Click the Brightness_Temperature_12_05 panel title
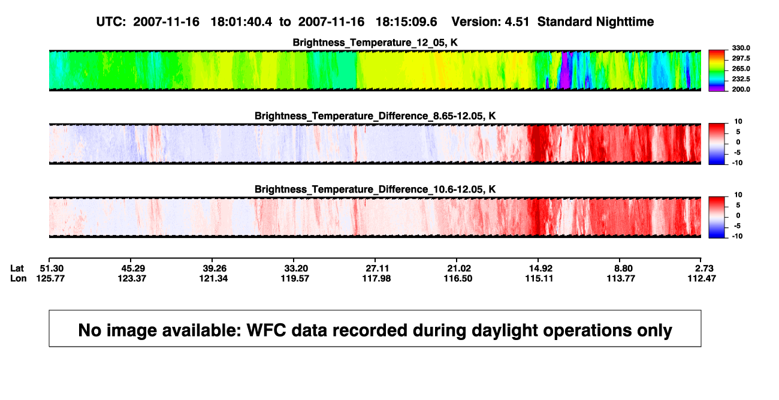375,43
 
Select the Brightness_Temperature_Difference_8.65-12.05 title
375,116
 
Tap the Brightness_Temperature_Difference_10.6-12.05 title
375,190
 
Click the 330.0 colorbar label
741,48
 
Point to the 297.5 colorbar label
741,58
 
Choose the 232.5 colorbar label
741,79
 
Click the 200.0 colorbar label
741,89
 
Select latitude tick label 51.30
52,269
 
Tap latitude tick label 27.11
378,269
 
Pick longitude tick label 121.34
213,278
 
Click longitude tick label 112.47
702,278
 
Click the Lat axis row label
17,269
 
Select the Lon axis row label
18,278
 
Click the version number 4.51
517,22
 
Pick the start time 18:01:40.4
241,22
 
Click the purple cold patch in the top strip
565,71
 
